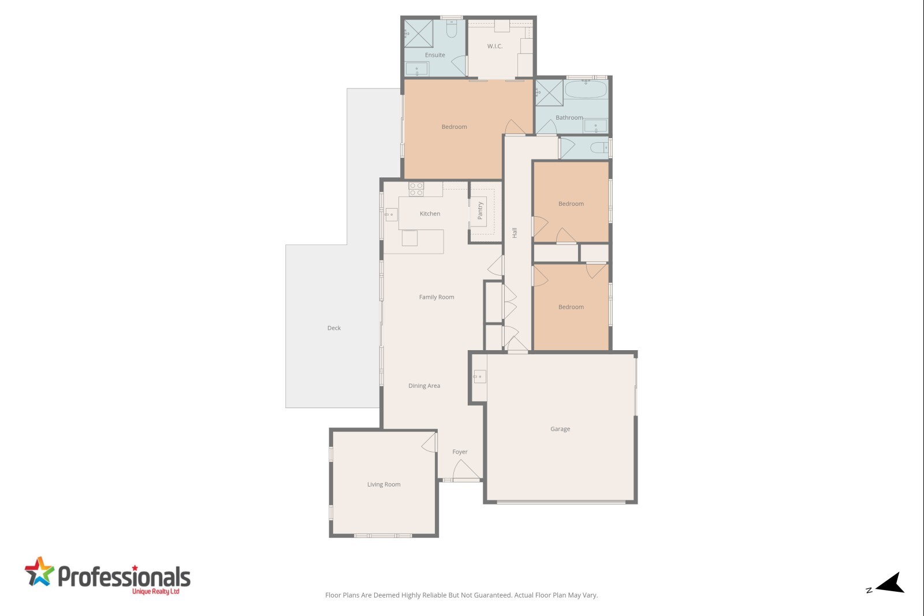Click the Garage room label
[x=560, y=429]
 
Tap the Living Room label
[x=383, y=484]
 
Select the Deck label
[x=334, y=328]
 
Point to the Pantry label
[x=480, y=210]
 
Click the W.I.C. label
[x=494, y=46]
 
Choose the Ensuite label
[x=435, y=55]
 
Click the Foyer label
[x=460, y=452]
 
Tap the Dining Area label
[x=424, y=385]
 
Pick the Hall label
[x=515, y=232]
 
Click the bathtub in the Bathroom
[x=586, y=89]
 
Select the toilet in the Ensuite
[x=451, y=28]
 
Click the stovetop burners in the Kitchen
[x=416, y=189]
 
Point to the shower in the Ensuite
[x=418, y=34]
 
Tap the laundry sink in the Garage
[x=479, y=377]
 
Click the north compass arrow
[x=891, y=583]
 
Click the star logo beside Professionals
[x=39, y=572]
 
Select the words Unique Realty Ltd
[x=155, y=592]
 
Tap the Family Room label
[x=437, y=297]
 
